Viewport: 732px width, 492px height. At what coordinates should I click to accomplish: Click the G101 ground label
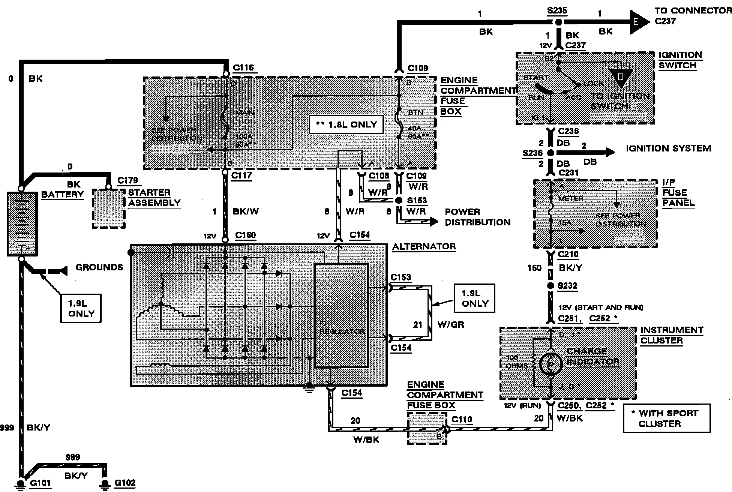coord(40,483)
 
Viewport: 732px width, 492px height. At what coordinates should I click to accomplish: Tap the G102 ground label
coord(124,483)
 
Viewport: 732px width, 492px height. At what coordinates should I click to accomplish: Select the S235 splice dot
coord(558,22)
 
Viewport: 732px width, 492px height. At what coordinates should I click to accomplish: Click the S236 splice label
coord(532,153)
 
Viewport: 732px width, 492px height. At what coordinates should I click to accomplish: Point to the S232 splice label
coord(567,286)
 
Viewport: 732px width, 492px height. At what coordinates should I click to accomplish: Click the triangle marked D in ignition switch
coord(621,78)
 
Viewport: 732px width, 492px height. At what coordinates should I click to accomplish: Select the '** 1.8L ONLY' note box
coord(346,124)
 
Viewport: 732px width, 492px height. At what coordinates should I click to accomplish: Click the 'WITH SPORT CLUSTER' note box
coord(667,418)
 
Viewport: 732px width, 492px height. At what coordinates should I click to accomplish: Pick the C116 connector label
coord(243,68)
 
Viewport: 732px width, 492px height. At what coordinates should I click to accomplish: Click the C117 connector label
coord(241,175)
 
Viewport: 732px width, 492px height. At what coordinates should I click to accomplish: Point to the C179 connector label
coord(127,180)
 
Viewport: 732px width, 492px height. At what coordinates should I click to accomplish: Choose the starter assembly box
coord(109,208)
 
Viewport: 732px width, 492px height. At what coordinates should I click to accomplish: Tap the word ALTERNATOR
coord(424,246)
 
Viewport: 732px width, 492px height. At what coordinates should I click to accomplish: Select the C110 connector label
coord(462,420)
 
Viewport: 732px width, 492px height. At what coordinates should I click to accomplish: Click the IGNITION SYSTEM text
coord(668,148)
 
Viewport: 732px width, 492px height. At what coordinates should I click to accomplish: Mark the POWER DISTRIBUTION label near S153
coord(477,217)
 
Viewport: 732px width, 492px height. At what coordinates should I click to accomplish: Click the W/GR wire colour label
coord(451,324)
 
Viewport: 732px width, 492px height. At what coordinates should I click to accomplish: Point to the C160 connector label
coord(245,235)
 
